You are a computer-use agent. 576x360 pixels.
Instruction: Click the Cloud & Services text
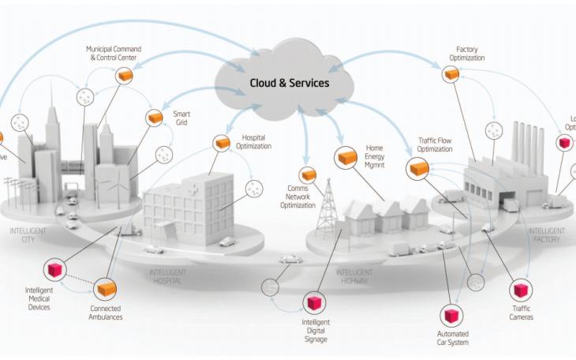pos(290,83)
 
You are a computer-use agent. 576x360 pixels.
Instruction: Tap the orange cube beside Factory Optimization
pos(451,73)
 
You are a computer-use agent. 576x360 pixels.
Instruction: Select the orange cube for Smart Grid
pos(155,118)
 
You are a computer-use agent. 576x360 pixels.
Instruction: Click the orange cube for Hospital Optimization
pos(221,143)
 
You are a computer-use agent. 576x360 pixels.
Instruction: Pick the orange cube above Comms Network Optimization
pos(308,174)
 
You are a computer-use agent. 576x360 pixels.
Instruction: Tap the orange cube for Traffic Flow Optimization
pos(418,167)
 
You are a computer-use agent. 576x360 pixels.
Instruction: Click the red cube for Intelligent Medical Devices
pos(54,269)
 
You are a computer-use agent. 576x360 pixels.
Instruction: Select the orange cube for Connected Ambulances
pos(106,288)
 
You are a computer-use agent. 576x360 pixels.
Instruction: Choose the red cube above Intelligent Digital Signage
pos(314,303)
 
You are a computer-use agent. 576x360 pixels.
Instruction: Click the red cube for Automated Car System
pos(452,316)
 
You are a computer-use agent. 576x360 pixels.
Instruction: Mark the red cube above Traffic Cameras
pos(522,291)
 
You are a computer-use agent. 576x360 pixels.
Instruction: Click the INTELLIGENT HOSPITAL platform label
pos(167,276)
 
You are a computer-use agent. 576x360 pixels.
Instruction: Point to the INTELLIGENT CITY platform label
pos(24,234)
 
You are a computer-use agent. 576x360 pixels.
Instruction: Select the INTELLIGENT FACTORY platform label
pos(545,234)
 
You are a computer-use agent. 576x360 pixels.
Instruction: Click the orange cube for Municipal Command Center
pos(124,75)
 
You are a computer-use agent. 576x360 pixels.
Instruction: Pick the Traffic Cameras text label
pos(522,313)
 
